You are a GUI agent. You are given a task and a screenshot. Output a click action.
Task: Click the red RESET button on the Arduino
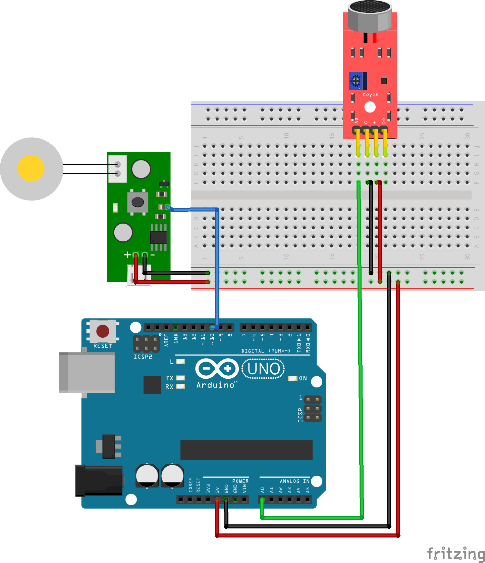coord(103,331)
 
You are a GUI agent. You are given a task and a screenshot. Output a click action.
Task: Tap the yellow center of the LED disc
coord(31,168)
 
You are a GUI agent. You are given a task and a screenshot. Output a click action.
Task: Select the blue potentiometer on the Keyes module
coord(356,81)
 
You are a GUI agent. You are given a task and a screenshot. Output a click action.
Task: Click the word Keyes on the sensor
coord(370,95)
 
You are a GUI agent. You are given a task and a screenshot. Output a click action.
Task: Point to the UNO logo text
coord(263,369)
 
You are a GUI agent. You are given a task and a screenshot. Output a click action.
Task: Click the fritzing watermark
coord(455,553)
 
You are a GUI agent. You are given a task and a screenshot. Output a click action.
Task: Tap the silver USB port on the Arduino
coord(87,372)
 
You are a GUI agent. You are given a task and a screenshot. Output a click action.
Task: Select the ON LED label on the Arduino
coord(303,378)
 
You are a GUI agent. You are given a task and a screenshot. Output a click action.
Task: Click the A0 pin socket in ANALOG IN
coord(262,500)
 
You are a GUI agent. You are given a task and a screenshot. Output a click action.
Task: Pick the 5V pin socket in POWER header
coord(217,500)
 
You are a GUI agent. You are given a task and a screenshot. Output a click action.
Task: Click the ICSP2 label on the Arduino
coord(143,357)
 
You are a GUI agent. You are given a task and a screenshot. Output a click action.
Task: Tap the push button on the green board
coord(138,202)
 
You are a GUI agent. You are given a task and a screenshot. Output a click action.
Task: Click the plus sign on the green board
coord(127,255)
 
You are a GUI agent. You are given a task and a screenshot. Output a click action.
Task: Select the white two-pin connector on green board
coord(117,169)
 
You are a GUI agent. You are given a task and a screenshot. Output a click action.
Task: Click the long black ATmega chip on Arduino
coord(246,450)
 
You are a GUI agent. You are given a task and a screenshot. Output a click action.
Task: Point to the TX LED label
coord(169,378)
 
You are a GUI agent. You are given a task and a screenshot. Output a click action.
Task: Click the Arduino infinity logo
coord(217,369)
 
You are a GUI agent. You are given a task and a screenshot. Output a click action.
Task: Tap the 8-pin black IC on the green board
coord(159,237)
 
